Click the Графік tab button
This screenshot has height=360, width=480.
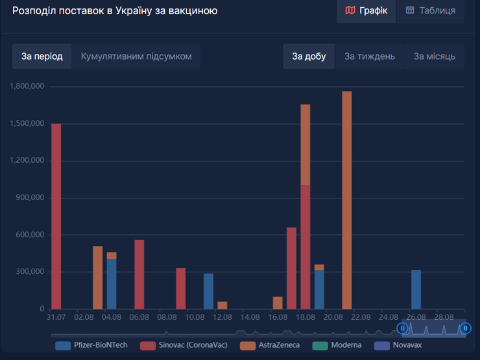pyautogui.click(x=366, y=10)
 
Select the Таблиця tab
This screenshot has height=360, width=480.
pyautogui.click(x=431, y=10)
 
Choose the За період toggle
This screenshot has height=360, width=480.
pyautogui.click(x=42, y=56)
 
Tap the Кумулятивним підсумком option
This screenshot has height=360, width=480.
pyautogui.click(x=136, y=56)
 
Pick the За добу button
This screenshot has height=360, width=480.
pyautogui.click(x=309, y=56)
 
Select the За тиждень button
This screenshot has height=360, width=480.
pyautogui.click(x=370, y=56)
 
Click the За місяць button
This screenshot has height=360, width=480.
pyautogui.click(x=435, y=56)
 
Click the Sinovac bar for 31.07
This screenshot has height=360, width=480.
pyautogui.click(x=56, y=216)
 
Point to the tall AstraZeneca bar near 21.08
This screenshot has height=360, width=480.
pyautogui.click(x=347, y=200)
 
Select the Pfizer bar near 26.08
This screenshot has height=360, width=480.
pyautogui.click(x=416, y=289)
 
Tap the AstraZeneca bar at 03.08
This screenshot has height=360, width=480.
pyautogui.click(x=97, y=278)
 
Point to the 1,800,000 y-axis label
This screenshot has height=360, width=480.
pyautogui.click(x=27, y=86)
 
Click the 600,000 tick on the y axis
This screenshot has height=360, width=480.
pyautogui.click(x=29, y=235)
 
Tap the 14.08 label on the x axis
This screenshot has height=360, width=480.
pyautogui.click(x=250, y=317)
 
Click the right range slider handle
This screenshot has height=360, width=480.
pyautogui.click(x=465, y=329)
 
